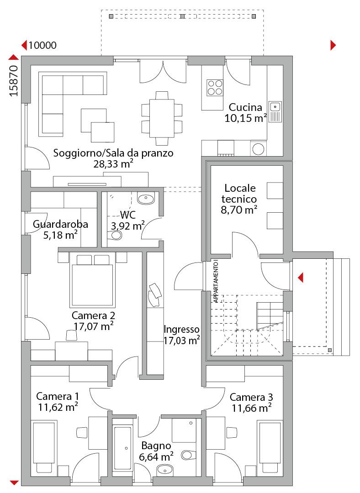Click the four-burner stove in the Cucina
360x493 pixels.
(215, 87)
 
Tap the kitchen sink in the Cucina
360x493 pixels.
(275, 112)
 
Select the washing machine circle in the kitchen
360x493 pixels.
(259, 149)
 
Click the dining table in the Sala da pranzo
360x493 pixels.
(162, 118)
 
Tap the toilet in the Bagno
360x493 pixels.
(189, 455)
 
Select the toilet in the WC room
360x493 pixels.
(116, 235)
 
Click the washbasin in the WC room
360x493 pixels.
(146, 199)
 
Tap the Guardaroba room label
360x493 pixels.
(60, 224)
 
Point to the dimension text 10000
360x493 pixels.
(42, 45)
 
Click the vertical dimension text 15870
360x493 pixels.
(14, 80)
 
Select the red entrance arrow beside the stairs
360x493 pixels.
(301, 278)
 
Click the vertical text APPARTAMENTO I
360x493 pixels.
(216, 281)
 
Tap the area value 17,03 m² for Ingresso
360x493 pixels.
(181, 340)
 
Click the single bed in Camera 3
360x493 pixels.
(270, 443)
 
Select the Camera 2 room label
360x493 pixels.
(93, 315)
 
